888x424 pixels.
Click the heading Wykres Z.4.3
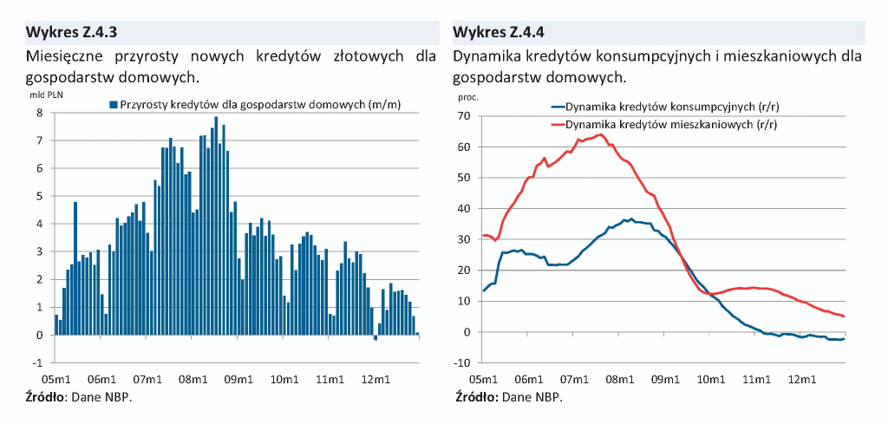coord(71,33)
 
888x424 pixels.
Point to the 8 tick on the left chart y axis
coord(40,113)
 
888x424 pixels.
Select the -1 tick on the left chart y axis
coord(38,362)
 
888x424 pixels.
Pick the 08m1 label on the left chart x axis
coord(193,379)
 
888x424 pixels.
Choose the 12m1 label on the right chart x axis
coord(801,379)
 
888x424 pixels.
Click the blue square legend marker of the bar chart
coord(113,105)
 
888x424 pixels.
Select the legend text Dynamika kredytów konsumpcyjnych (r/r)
coord(661,108)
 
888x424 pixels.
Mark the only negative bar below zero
coord(375,337)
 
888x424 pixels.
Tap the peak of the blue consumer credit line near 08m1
coord(631,219)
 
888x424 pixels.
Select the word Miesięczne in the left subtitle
coord(65,56)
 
